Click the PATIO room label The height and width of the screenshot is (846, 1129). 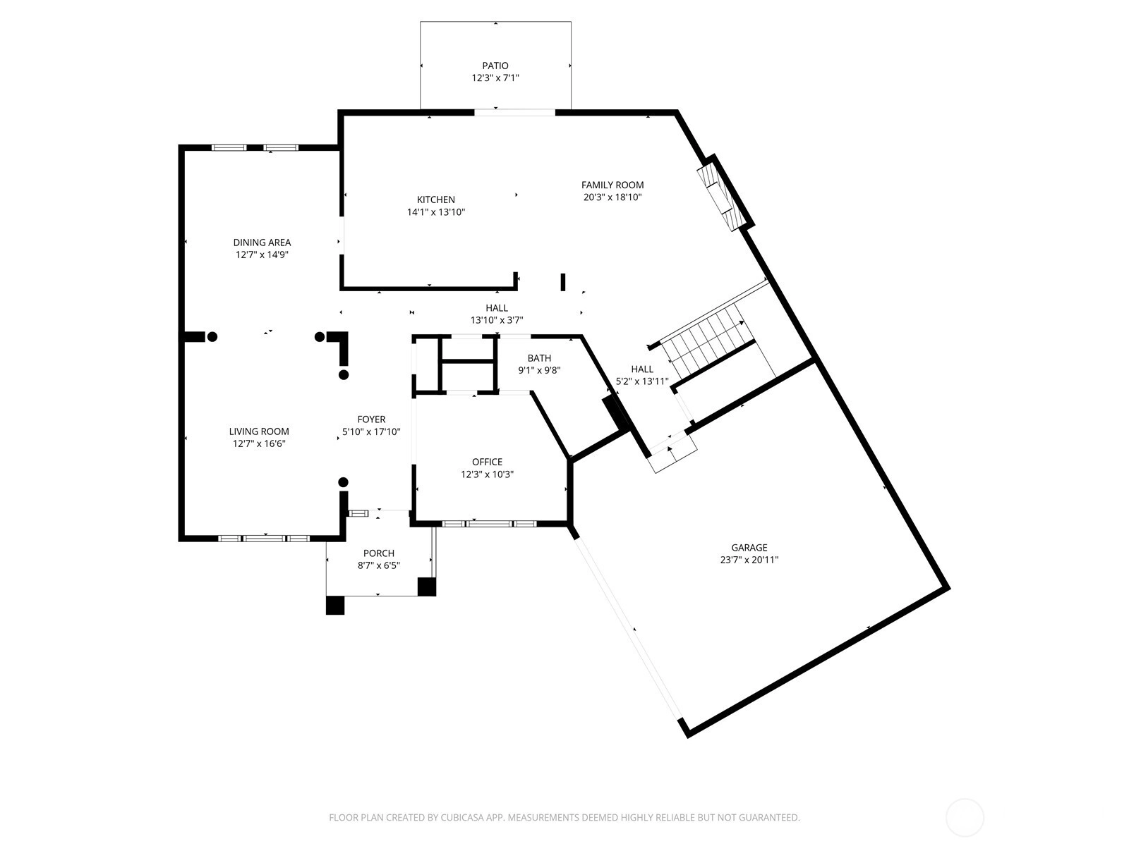tap(495, 66)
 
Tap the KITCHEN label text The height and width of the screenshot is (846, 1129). tap(435, 200)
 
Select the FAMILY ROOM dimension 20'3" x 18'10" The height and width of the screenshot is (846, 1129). tap(612, 197)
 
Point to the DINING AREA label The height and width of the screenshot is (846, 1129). tap(262, 243)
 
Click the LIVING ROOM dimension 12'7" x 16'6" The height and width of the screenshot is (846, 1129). tap(259, 444)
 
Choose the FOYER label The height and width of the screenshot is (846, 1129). tap(371, 419)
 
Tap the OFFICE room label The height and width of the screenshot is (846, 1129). tap(487, 462)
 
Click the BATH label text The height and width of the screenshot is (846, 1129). tap(539, 358)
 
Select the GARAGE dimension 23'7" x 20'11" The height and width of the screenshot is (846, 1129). tap(749, 560)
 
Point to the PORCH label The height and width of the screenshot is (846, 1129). tap(378, 553)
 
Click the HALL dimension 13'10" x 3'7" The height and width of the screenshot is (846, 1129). tap(496, 321)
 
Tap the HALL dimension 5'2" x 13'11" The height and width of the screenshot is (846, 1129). tap(642, 381)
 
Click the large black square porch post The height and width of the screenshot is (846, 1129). tap(335, 605)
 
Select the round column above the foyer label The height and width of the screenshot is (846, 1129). tap(344, 374)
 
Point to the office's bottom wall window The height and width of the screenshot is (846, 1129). tap(489, 524)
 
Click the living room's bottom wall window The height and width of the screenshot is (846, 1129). tap(264, 539)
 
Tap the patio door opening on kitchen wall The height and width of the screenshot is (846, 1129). tap(515, 113)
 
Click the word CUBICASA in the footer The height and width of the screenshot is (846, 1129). tap(463, 818)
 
